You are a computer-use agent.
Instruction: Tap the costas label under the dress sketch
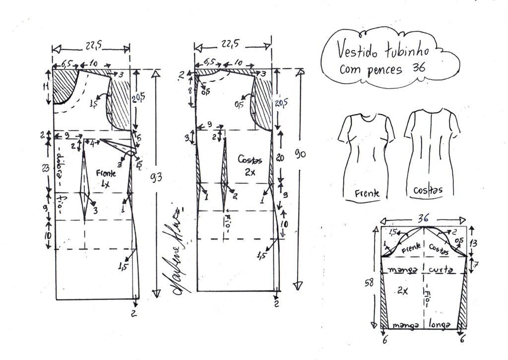tap(428, 190)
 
